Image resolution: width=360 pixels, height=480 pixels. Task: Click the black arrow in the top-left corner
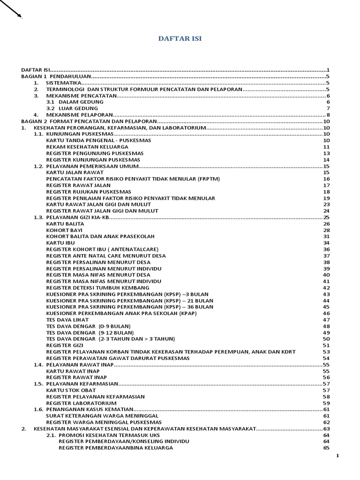(x=11, y=9)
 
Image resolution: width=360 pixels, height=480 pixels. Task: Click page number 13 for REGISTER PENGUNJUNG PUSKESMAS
(x=327, y=153)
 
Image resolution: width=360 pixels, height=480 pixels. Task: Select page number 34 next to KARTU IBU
(x=327, y=243)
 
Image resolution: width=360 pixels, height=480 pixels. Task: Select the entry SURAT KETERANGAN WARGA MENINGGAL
(x=102, y=416)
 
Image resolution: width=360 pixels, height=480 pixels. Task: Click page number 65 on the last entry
(x=327, y=448)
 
